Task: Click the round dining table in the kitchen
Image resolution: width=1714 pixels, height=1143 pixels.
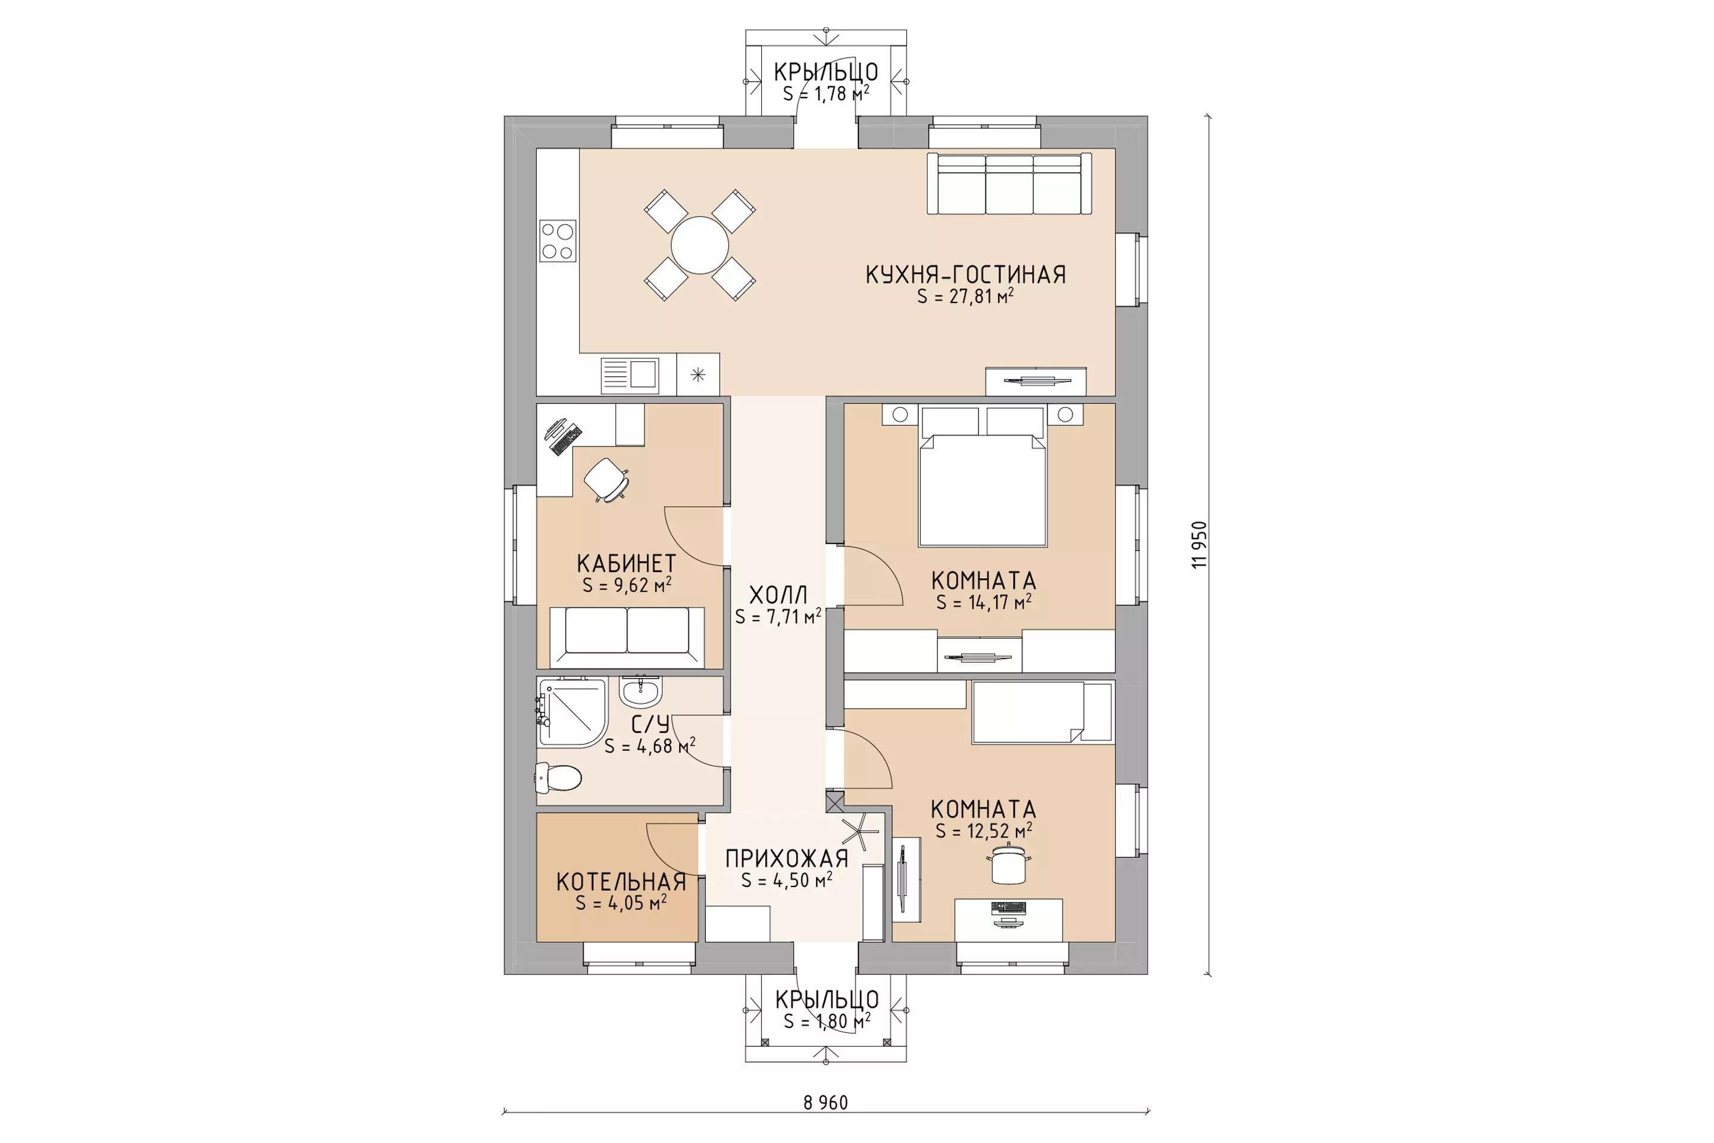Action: (700, 245)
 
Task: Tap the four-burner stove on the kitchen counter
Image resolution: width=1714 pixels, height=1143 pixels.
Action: (558, 241)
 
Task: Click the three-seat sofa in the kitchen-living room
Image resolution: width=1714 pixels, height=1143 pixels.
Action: (1009, 184)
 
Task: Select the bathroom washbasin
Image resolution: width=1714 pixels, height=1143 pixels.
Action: (640, 692)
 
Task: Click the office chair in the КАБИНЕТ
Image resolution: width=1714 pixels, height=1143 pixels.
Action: (606, 479)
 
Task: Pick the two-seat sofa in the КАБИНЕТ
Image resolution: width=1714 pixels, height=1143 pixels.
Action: (627, 636)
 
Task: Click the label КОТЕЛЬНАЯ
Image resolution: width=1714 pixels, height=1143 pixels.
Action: (621, 882)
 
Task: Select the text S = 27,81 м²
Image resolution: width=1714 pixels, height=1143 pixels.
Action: (965, 296)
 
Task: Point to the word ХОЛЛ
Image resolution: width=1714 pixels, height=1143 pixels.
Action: (778, 595)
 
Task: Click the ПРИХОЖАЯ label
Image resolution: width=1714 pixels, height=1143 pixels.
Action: (787, 858)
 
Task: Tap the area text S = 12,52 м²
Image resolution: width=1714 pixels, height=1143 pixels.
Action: (984, 830)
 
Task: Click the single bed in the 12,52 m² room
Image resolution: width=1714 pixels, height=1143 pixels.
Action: (1043, 712)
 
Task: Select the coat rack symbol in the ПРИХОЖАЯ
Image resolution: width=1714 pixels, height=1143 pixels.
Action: (861, 831)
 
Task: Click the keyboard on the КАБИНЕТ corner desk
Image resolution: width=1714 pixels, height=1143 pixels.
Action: (566, 439)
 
